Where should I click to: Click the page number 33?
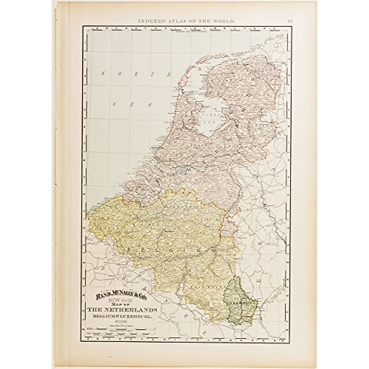290,21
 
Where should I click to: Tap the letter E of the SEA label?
132,104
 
